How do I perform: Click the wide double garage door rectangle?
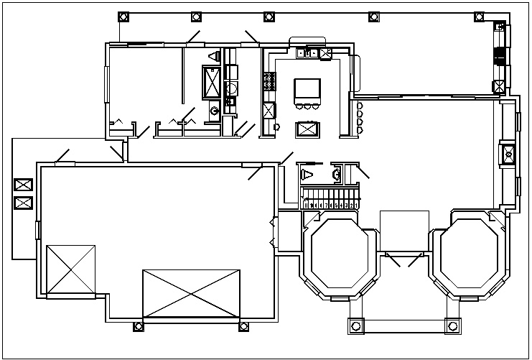[191, 293]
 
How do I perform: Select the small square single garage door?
[70, 269]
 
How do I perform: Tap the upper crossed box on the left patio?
[22, 185]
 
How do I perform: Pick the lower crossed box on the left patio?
[22, 203]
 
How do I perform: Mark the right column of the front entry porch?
[452, 326]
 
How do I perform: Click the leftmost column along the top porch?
[123, 17]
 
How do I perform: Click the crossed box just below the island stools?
[308, 129]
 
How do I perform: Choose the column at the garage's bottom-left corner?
[138, 328]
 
